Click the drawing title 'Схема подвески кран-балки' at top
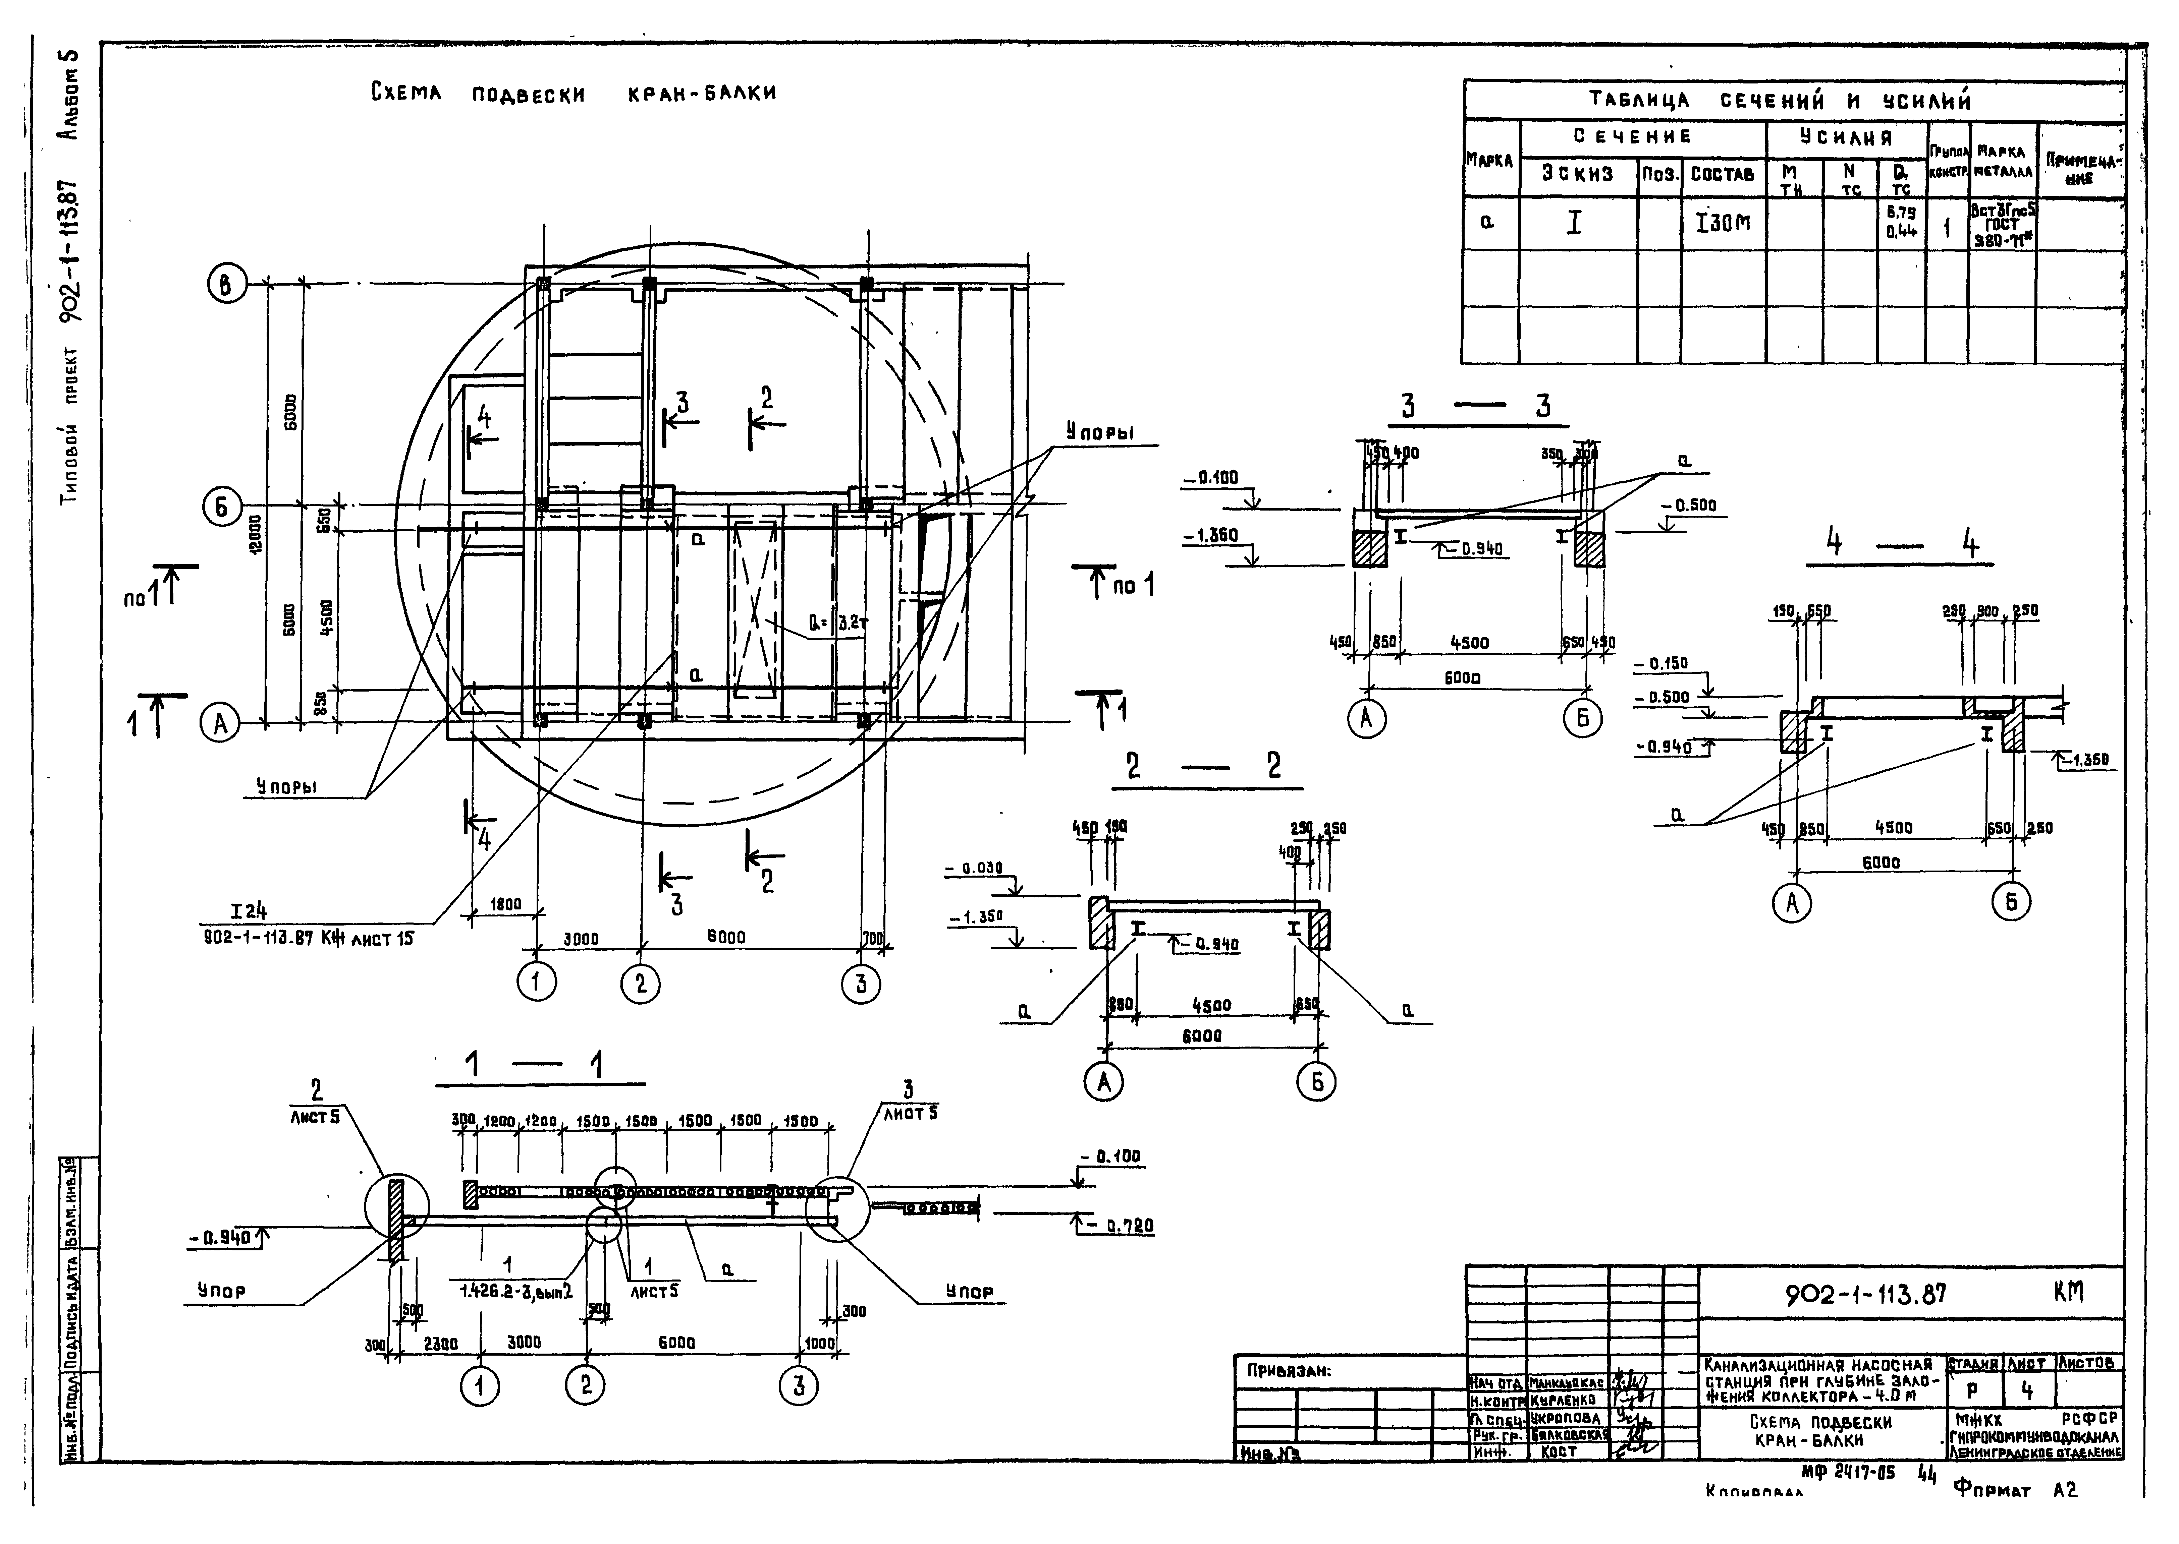[x=574, y=93]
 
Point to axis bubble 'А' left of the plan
[x=220, y=724]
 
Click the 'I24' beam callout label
[x=249, y=911]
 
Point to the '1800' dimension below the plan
[x=505, y=904]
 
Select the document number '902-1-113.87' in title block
[x=1866, y=1294]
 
